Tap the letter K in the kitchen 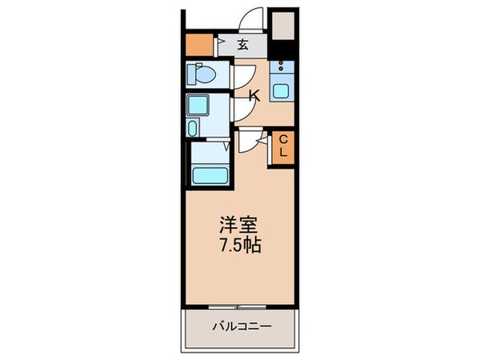click(254, 97)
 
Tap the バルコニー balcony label click(241, 326)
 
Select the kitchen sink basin click(281, 90)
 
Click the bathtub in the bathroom click(210, 173)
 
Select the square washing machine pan click(200, 105)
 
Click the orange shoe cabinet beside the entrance click(198, 44)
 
